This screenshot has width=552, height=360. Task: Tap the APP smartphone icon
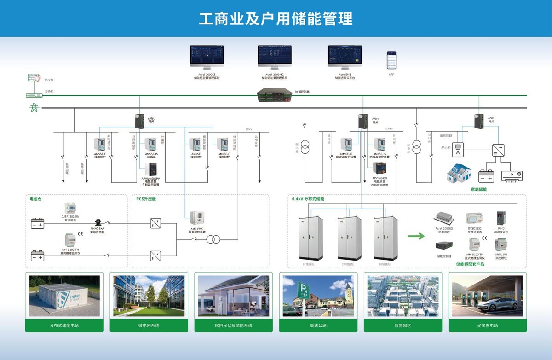[391, 60]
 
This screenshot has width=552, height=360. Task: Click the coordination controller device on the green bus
[275, 94]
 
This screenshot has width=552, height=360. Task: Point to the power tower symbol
[33, 107]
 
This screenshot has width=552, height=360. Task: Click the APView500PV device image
[150, 169]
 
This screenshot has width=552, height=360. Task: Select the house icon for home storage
[460, 172]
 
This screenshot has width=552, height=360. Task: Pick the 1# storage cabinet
[309, 238]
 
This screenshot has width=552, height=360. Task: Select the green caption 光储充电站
[488, 325]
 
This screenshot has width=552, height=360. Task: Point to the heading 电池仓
[35, 199]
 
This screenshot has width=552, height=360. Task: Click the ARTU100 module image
[501, 244]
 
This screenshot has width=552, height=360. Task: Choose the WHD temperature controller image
[501, 217]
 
